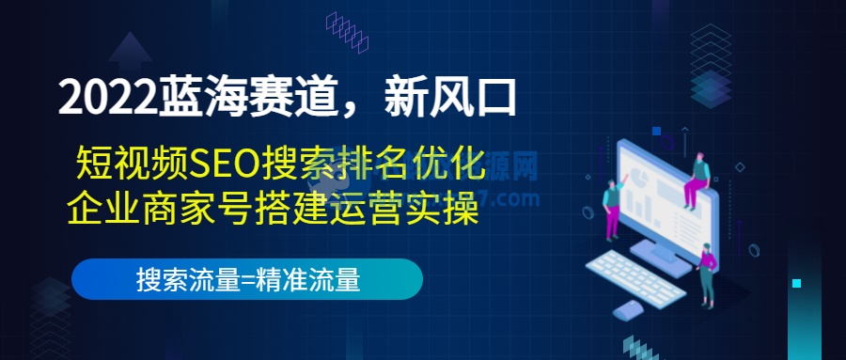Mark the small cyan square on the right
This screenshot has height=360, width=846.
click(796, 283)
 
